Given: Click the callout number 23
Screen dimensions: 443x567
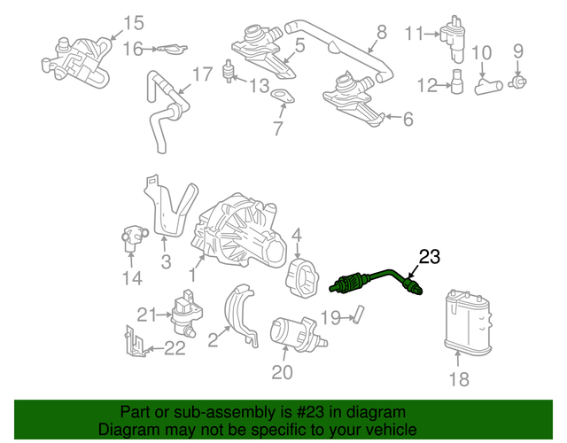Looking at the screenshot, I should pos(429,258).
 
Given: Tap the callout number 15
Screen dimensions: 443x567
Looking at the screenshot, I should pos(132,23).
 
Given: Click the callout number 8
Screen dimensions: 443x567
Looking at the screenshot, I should pos(381,33).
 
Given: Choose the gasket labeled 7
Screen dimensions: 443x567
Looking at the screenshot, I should pos(283,100).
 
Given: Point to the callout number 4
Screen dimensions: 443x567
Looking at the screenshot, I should pos(298,236).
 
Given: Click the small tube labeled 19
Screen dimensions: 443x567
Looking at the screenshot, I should pos(360,315).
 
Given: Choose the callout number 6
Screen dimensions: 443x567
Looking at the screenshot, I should pos(408,119).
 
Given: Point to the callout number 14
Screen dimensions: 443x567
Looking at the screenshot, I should pos(131,279).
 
